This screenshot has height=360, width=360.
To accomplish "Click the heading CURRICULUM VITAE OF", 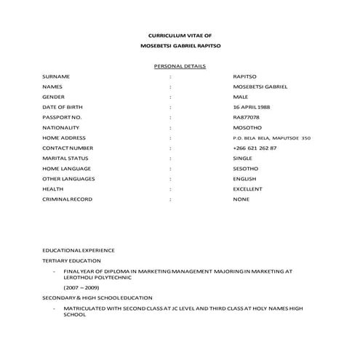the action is pyautogui.click(x=180, y=36).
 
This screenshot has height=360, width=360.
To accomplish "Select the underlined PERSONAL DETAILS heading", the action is pyautogui.click(x=180, y=66).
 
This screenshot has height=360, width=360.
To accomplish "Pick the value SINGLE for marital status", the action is pyautogui.click(x=243, y=158).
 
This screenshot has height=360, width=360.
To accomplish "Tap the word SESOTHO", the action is pyautogui.click(x=246, y=168).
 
